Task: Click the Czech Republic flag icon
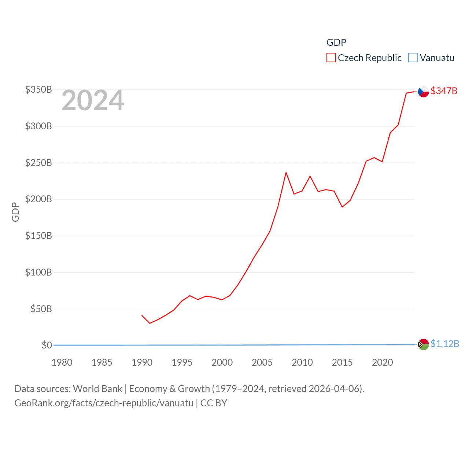tap(423, 92)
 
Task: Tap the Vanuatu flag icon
tap(423, 344)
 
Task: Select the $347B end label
tap(444, 91)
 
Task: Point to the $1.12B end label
tap(444, 344)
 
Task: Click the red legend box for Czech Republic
tap(331, 58)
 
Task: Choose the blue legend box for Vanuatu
tap(413, 58)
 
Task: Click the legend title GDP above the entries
tap(336, 43)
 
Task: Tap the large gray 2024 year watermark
tap(93, 100)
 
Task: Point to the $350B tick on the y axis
tap(38, 89)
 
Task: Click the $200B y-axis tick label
tap(38, 199)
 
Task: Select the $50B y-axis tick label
tap(41, 309)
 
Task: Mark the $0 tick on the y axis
tap(47, 345)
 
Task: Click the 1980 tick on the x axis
tap(62, 362)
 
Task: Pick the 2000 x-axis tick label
tap(222, 362)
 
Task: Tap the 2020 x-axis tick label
tap(383, 362)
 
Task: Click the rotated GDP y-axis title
tap(15, 212)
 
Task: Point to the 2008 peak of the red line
tap(286, 172)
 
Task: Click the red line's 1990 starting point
tap(142, 315)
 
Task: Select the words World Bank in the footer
tap(97, 388)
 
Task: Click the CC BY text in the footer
tap(214, 403)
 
